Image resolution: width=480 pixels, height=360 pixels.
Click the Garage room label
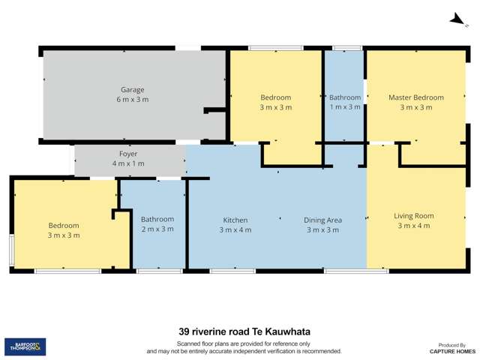coord(133,90)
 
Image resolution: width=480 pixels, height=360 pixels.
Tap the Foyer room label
coord(128,154)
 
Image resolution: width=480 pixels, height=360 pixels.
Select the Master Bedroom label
coord(415,97)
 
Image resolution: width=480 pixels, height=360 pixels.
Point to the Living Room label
coord(413,216)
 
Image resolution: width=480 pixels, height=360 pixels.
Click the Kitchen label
coord(235,220)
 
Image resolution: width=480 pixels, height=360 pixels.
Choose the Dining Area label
coord(322,220)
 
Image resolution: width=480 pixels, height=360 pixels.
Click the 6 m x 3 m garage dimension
coord(133,100)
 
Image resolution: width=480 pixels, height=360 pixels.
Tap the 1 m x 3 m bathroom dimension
coord(345,107)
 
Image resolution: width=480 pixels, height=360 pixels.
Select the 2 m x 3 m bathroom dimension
coord(157,229)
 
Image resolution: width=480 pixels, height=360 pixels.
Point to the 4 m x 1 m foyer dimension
coord(128,163)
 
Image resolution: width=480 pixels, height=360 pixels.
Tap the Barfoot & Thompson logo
coord(25,346)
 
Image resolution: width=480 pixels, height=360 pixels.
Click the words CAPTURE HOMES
coord(452,351)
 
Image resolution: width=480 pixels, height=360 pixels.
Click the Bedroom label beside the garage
coord(275,97)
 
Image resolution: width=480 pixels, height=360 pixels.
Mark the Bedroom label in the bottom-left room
coord(64,226)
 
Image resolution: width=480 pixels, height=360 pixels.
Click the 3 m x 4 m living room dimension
coord(413,226)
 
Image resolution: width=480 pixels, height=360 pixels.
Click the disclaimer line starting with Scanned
coord(243,343)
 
